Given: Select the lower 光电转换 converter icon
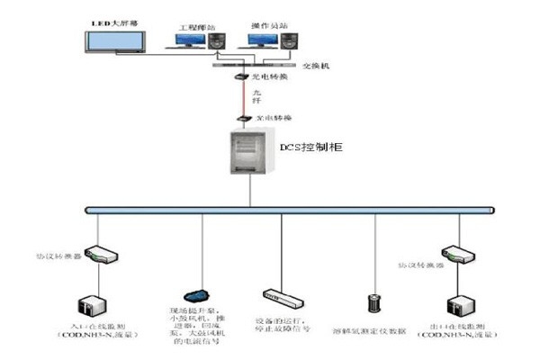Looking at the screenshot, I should pyautogui.click(x=241, y=119).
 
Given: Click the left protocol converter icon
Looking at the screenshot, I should pyautogui.click(x=97, y=254).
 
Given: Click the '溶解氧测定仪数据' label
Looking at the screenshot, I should pyautogui.click(x=373, y=330).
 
